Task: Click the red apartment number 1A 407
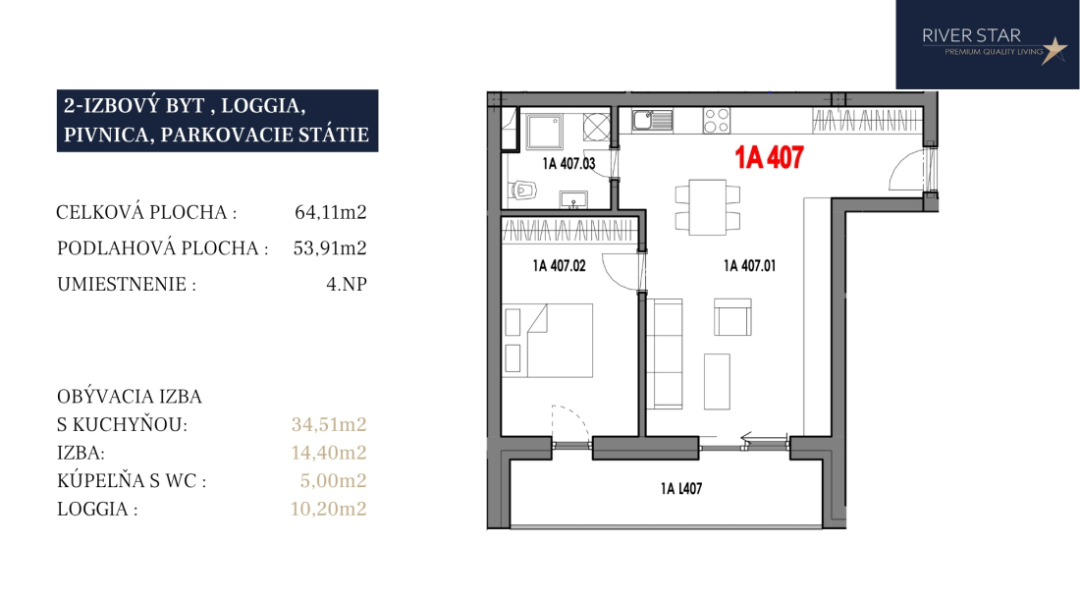point(769,157)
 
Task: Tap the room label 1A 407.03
point(568,163)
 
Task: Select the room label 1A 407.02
point(559,266)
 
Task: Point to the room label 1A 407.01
point(749,266)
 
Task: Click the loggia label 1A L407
point(681,489)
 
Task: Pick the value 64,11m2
point(331,212)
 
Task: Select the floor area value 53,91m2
point(330,247)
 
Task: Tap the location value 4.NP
point(347,284)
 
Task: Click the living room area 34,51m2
point(329,424)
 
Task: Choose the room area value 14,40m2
point(329,453)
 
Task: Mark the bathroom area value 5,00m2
point(334,480)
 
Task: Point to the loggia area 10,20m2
point(329,509)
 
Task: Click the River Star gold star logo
point(1053,50)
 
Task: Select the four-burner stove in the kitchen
point(717,121)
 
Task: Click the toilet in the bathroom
point(523,190)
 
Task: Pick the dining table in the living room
point(707,207)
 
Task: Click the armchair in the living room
point(732,317)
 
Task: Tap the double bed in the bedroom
point(548,340)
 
